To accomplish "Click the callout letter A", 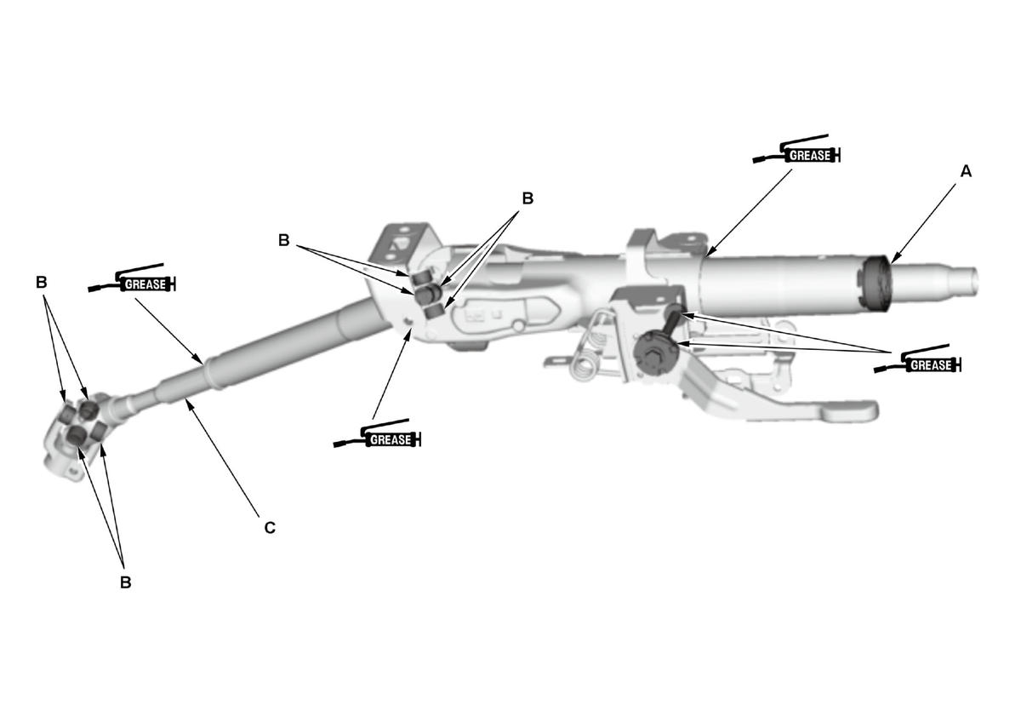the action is (x=966, y=171).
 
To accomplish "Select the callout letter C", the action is (x=270, y=528).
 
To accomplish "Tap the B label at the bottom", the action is (x=125, y=582).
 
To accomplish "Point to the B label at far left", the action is (x=42, y=283).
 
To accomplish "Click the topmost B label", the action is (x=528, y=198).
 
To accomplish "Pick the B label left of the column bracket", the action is (x=284, y=240).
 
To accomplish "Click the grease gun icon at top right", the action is (x=796, y=150).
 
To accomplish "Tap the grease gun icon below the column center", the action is (x=378, y=433).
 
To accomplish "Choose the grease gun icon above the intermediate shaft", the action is (x=132, y=278).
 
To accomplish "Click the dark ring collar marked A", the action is (x=874, y=285).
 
